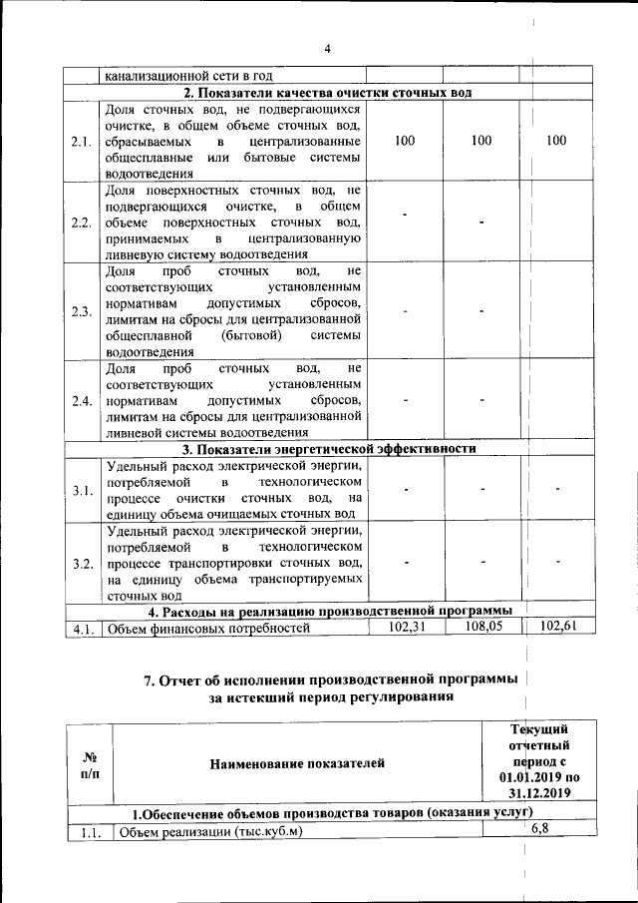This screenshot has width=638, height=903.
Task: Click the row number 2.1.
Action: (82, 141)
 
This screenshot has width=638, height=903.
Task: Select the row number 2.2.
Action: (82, 222)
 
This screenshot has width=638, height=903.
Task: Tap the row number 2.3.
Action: (82, 310)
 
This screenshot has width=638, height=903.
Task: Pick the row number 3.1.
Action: (82, 490)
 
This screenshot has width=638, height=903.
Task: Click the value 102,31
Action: (404, 627)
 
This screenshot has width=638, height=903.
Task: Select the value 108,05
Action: (481, 627)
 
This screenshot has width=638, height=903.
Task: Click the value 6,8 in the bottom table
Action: (539, 829)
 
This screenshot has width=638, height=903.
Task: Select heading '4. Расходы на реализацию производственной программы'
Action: (330, 611)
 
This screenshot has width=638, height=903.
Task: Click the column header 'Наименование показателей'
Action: (297, 764)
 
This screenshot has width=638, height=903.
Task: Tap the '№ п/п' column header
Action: (89, 765)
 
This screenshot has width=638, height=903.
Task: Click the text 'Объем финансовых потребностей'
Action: (208, 628)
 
